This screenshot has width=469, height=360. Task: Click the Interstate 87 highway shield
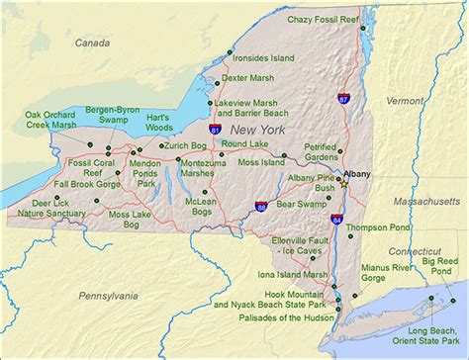click(342, 99)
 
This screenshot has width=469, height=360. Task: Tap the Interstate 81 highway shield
click(216, 129)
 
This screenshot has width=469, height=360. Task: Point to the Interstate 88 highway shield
click(260, 206)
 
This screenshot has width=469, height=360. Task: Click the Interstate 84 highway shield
click(336, 219)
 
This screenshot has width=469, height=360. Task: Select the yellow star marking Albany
click(343, 184)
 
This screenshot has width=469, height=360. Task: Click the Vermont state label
click(404, 101)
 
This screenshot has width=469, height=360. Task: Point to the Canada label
click(92, 44)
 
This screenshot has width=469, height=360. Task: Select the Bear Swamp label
click(301, 204)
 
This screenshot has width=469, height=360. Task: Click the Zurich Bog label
click(184, 145)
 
